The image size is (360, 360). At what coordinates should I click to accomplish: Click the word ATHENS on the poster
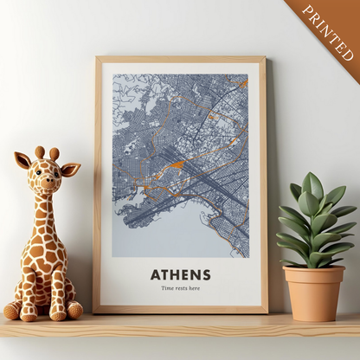[x=180, y=274]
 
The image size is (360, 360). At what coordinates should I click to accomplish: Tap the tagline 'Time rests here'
[x=180, y=288]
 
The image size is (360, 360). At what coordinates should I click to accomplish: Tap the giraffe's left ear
[x=22, y=160]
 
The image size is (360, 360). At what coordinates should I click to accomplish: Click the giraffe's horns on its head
[x=47, y=153]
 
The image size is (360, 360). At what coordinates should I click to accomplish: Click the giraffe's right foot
[x=74, y=309]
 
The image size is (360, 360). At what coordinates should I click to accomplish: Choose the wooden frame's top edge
[x=180, y=60]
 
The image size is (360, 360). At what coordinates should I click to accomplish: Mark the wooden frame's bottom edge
[x=180, y=308]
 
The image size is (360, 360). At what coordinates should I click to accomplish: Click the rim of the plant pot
[x=313, y=272]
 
